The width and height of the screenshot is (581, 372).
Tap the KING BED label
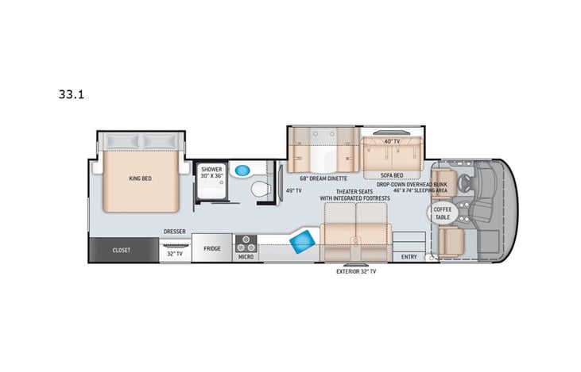(x=140, y=178)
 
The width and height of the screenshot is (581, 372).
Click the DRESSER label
(x=175, y=232)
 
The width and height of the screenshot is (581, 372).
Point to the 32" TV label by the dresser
(x=175, y=255)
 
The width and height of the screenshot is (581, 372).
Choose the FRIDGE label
(x=211, y=249)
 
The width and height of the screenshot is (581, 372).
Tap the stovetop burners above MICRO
(x=246, y=241)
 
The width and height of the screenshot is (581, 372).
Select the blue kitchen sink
(x=301, y=241)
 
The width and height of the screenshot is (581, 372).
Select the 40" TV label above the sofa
(x=390, y=141)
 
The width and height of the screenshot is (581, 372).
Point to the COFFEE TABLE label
(x=442, y=213)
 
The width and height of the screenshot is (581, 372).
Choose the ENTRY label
(x=409, y=256)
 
